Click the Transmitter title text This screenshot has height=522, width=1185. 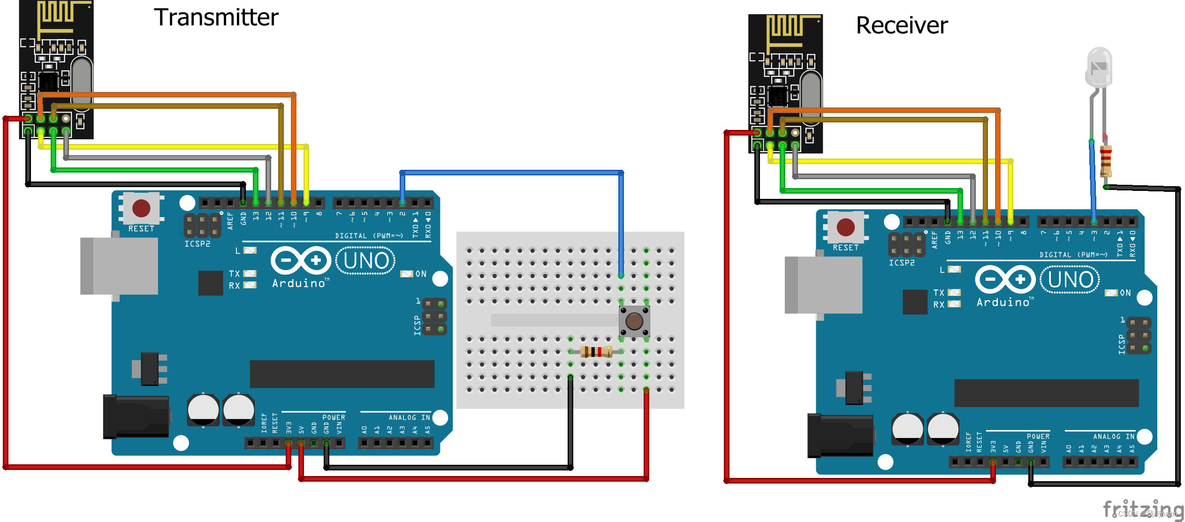point(216,17)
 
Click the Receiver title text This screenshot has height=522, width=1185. point(902,25)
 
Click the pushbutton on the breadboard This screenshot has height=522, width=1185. point(634,321)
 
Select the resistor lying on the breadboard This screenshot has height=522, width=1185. point(596,351)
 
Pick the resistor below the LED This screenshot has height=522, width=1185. point(1106,160)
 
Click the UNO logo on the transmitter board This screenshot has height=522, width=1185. point(365,261)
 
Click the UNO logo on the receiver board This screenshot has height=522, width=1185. point(1070,280)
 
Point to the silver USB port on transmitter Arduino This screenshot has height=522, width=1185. point(119,266)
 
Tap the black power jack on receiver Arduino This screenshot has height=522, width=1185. point(840,436)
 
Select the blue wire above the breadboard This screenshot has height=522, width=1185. point(511,173)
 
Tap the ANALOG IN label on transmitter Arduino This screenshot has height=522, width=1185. point(409,417)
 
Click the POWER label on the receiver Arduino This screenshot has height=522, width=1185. point(1038,436)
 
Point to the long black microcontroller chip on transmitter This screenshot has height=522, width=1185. point(342,374)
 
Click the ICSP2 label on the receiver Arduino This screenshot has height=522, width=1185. point(902,263)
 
